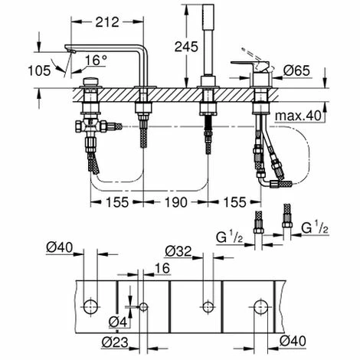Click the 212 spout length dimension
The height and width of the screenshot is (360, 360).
[107, 22]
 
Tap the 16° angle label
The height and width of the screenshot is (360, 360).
[96, 61]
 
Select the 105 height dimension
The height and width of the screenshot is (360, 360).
[39, 70]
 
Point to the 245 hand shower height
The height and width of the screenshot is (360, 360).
[186, 47]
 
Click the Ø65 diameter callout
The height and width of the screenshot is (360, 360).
[296, 70]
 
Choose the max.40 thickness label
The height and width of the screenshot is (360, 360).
[298, 116]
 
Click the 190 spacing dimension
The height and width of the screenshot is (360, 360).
[176, 202]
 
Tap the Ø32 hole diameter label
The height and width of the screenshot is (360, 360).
[178, 251]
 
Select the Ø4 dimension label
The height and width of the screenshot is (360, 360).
[118, 322]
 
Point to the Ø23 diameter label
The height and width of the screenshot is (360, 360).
[115, 342]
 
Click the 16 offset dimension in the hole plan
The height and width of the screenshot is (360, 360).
[162, 268]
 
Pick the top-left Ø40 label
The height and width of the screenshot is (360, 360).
[60, 247]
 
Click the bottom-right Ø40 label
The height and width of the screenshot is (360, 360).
[293, 341]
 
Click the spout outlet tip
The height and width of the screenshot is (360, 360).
[72, 51]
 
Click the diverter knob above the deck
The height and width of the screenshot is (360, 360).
[90, 82]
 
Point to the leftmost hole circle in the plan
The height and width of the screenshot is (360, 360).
[90, 307]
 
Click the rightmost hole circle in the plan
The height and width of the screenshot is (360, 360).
[261, 307]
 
